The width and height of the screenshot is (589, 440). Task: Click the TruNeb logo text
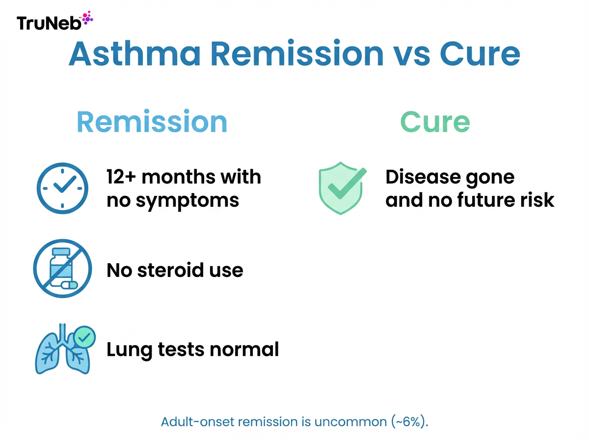48,23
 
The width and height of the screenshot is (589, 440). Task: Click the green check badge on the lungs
84,337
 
